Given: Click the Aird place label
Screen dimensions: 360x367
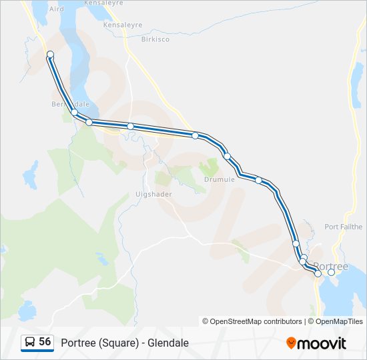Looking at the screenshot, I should (57, 9).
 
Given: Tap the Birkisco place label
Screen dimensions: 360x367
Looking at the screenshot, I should (155, 39).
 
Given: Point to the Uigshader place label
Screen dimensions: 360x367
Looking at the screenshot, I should (153, 194).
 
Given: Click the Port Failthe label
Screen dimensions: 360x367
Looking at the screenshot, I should (344, 227).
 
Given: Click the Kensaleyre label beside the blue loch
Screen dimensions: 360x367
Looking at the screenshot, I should (123, 25).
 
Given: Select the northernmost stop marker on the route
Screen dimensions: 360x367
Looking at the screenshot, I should (50, 54).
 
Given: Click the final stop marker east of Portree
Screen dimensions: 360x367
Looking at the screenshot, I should (331, 272).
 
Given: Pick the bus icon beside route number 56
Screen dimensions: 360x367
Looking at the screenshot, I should (29, 343).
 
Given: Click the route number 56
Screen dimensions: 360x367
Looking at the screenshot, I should (45, 342).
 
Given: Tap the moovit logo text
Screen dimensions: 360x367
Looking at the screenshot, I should (322, 343).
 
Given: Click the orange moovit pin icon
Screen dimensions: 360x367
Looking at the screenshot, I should (291, 343).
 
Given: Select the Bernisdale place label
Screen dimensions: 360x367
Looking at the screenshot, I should (70, 104).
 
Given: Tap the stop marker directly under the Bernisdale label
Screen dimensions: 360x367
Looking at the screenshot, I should (75, 113).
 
